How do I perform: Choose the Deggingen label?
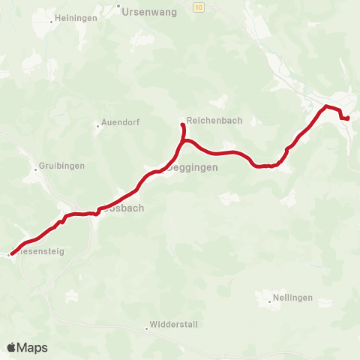point(193,168)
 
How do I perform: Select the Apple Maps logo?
point(27,347)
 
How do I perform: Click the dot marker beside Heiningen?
point(51,22)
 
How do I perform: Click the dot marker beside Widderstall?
point(147,328)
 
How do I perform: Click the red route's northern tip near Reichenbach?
point(182,124)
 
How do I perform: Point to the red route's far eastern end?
point(348,118)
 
